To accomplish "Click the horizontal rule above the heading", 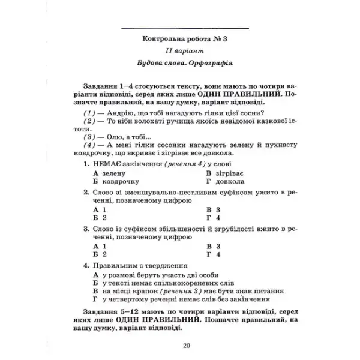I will click(x=184, y=28).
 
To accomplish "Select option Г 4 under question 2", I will click(x=214, y=218).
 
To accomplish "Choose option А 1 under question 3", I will click(x=100, y=246).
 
